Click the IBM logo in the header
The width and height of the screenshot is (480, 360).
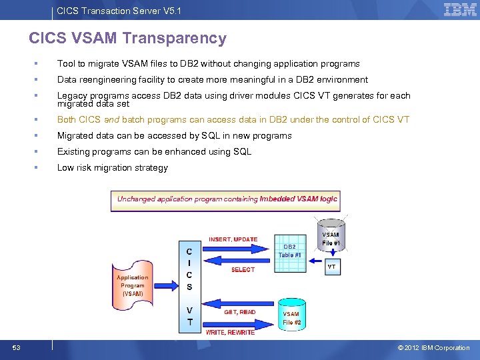(x=460, y=10)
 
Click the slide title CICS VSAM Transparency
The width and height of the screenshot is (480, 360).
(x=127, y=39)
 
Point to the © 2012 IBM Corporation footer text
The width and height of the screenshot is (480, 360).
(x=433, y=347)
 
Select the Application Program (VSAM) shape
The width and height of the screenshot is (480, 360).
(x=133, y=285)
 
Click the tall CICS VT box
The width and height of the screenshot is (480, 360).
(x=190, y=287)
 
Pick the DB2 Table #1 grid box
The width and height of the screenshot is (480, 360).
(x=289, y=251)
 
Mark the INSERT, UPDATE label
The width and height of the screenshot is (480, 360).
(x=233, y=239)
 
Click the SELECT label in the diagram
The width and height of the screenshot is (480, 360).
(x=243, y=269)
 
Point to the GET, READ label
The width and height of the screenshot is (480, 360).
(x=240, y=311)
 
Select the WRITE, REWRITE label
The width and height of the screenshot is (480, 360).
(x=229, y=332)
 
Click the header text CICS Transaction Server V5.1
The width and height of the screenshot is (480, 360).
(x=119, y=11)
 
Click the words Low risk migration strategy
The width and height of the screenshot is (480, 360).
(x=112, y=168)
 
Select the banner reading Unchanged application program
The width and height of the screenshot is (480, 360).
(x=227, y=199)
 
